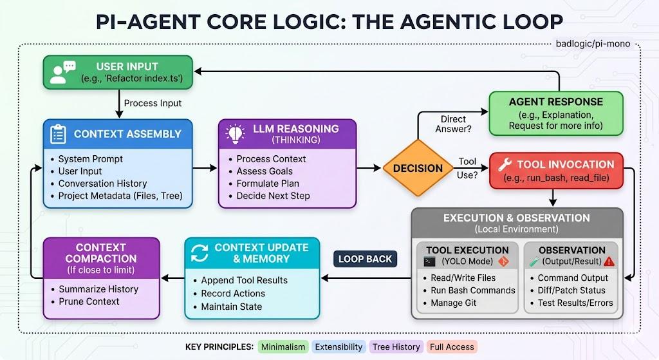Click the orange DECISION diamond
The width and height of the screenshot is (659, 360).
point(417,168)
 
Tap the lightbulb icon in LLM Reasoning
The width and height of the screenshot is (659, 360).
point(234,134)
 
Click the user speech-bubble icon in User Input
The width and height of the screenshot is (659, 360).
point(62,71)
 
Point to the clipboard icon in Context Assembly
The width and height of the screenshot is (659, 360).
point(58,134)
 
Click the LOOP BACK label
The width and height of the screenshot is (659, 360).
point(365,259)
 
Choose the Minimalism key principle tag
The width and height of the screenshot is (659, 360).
point(283,346)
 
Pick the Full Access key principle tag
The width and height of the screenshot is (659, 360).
point(451,346)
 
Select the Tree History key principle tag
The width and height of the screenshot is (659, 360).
point(396,346)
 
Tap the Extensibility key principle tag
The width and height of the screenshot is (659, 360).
point(339,346)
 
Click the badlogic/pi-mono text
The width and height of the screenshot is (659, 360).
point(592,44)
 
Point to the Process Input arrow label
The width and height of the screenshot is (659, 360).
point(153,103)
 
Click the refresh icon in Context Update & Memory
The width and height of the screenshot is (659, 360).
point(200,254)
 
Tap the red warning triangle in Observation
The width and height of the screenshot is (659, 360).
point(609,261)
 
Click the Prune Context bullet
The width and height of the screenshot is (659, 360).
point(89,301)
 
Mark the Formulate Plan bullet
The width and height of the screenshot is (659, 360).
point(265,184)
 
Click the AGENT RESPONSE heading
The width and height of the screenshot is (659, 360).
point(555,102)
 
